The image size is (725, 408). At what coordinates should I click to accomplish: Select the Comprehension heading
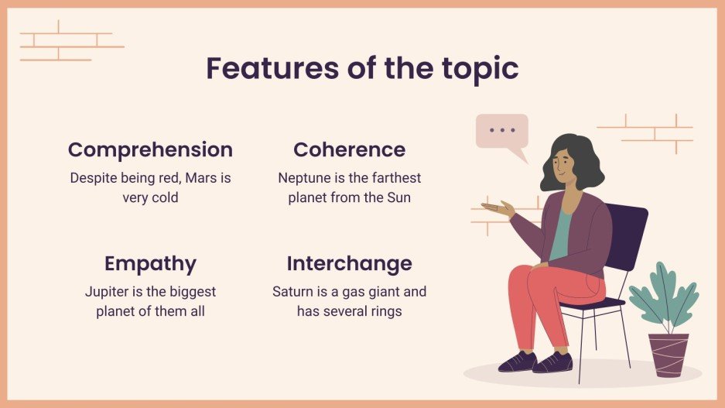coord(150,149)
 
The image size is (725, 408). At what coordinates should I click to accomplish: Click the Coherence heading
coord(349,149)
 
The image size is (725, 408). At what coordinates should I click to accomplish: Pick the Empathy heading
coord(150,263)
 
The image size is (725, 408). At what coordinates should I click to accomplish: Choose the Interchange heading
coord(349,263)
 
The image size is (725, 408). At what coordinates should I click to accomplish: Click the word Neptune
coord(304,178)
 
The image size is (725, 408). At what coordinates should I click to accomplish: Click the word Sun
coord(398,197)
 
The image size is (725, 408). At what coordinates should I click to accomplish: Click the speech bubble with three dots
coord(502,132)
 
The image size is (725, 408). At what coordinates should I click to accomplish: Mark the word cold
coord(162,197)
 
